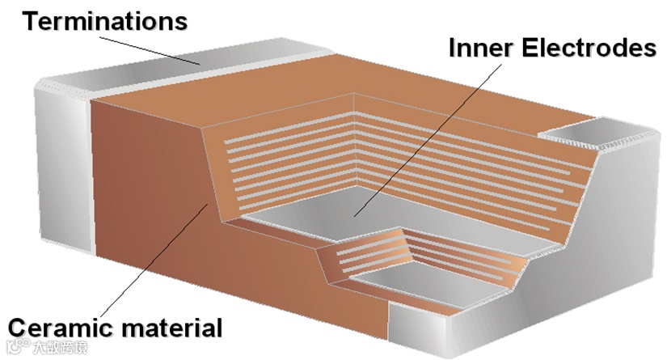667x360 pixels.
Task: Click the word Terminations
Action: [104, 20]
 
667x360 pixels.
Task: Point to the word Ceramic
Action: [60, 328]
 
